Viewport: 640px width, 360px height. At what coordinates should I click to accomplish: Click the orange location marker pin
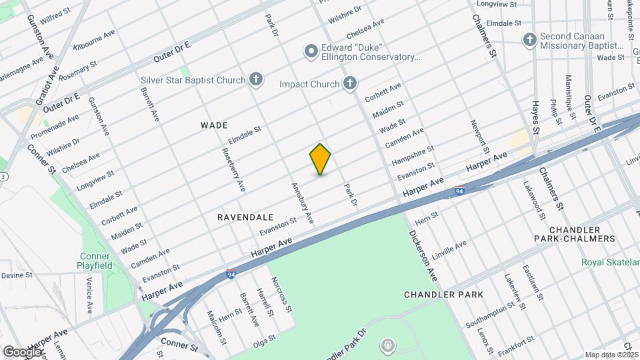(320, 159)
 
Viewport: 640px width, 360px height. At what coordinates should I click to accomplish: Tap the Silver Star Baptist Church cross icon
(255, 81)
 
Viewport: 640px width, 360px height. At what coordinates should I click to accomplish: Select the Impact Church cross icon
(349, 83)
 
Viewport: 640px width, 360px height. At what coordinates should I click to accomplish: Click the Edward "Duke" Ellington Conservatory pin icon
(311, 51)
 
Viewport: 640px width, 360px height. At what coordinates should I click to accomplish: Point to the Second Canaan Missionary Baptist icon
(530, 39)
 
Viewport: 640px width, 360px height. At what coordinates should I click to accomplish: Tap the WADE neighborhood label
(214, 125)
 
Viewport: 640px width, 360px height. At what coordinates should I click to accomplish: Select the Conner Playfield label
(95, 260)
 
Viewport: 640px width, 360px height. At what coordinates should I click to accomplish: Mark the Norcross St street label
(281, 295)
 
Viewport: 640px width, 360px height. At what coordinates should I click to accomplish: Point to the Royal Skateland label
(610, 262)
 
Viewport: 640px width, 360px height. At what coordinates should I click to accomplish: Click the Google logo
(22, 351)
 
